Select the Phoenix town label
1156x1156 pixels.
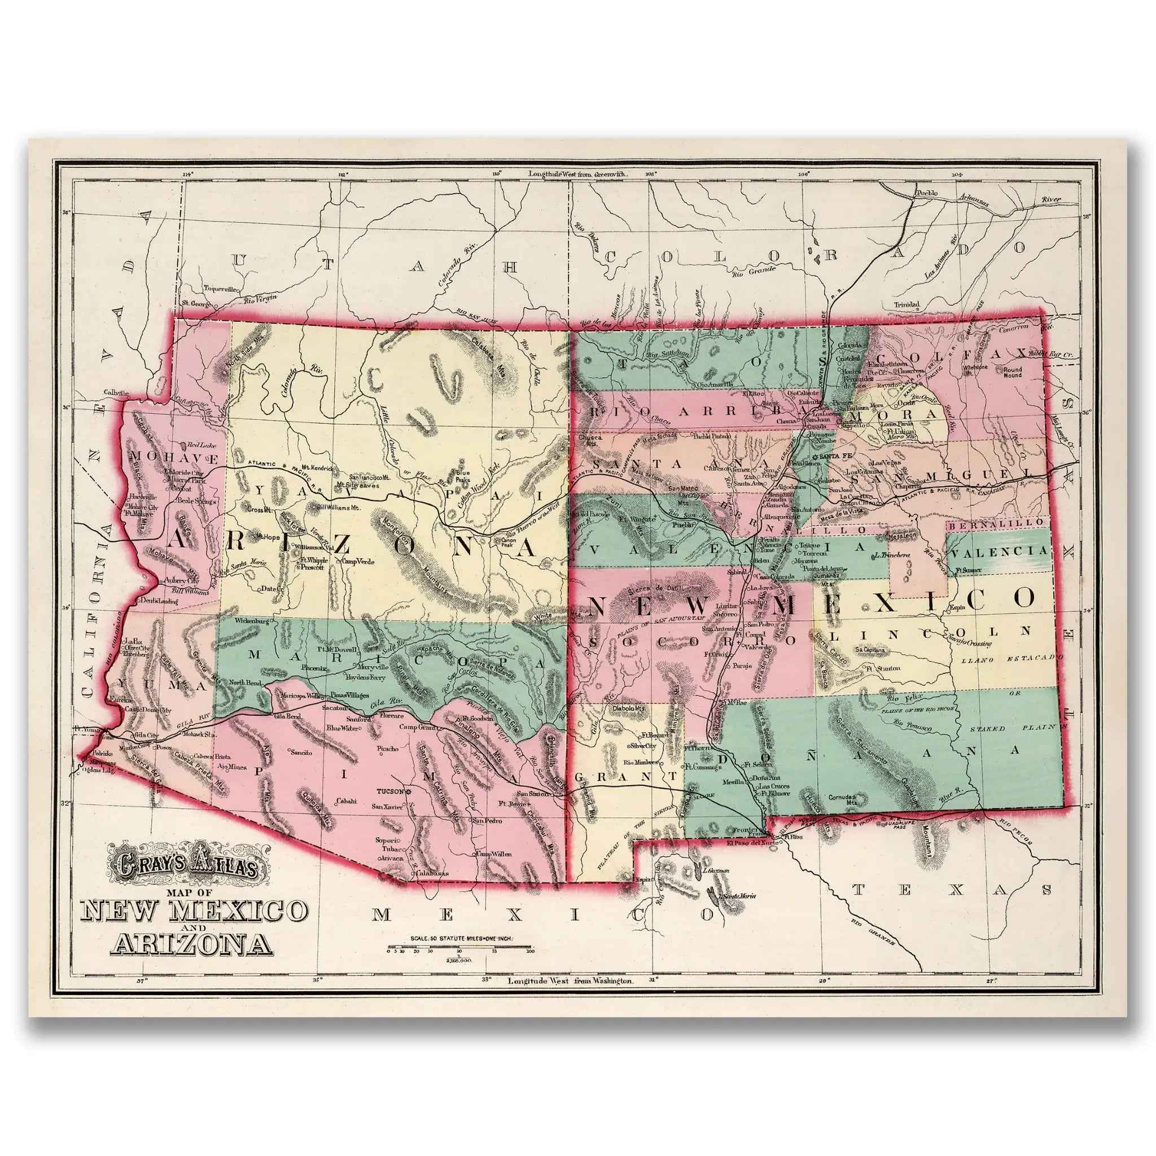pyautogui.click(x=315, y=667)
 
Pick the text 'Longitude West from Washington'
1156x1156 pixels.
pyautogui.click(x=570, y=997)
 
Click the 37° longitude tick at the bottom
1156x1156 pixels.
pyautogui.click(x=141, y=997)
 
